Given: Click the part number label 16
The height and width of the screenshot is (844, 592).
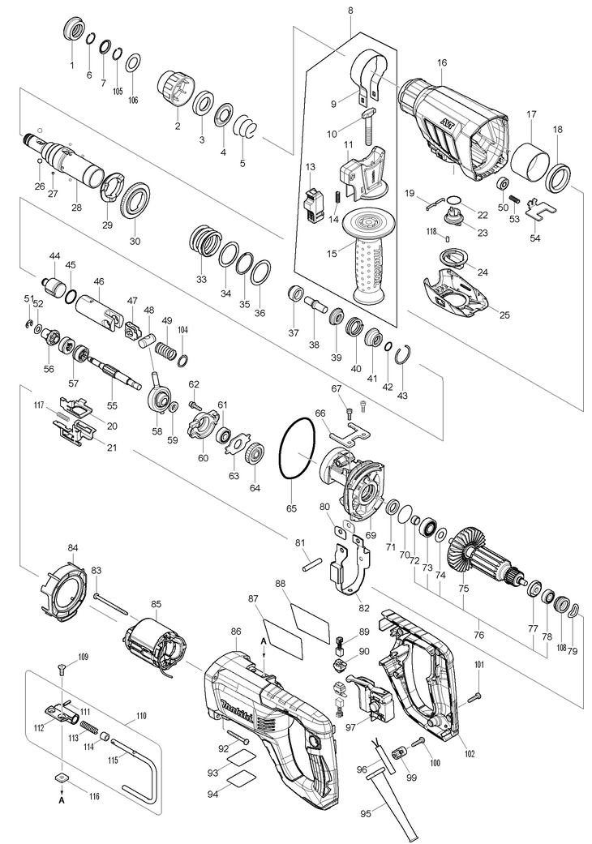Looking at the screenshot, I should [x=441, y=62].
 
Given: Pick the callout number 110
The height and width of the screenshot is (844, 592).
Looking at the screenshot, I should [x=141, y=717].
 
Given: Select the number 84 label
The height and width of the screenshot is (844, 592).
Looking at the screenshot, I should [x=73, y=548].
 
